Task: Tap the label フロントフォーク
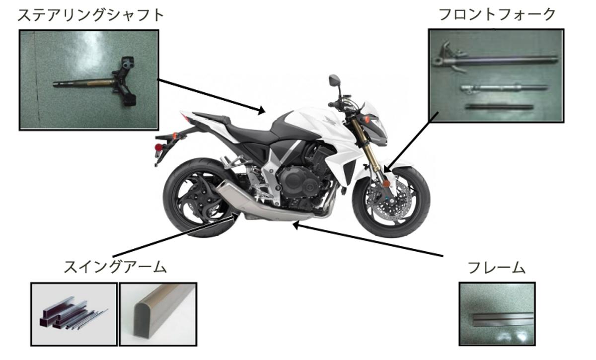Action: (497, 14)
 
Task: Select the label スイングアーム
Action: (115, 267)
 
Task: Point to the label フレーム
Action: (497, 268)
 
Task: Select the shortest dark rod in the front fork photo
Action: (499, 107)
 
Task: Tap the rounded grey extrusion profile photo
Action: (158, 314)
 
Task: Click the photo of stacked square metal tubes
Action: (74, 314)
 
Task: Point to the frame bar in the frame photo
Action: (503, 319)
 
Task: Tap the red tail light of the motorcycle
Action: (158, 147)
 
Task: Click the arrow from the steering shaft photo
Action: (212, 96)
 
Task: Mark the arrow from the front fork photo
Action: (411, 142)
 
